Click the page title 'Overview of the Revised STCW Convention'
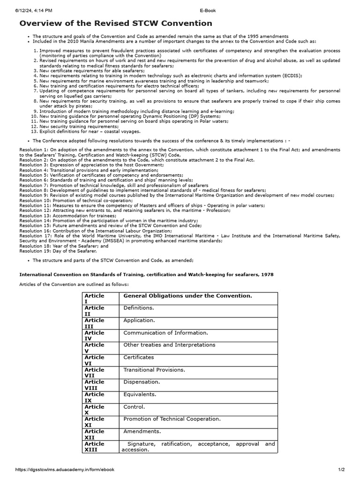click(x=115, y=23)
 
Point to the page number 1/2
click(x=341, y=469)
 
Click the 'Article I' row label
click(x=94, y=298)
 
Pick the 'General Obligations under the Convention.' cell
click(x=187, y=296)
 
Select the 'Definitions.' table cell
click(x=138, y=308)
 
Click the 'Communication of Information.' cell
click(x=165, y=332)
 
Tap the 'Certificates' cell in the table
click(x=138, y=357)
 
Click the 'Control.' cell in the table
click(x=134, y=406)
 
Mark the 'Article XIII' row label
click(x=94, y=446)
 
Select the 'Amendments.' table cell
click(x=142, y=431)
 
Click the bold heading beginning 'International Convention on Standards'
click(x=146, y=274)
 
